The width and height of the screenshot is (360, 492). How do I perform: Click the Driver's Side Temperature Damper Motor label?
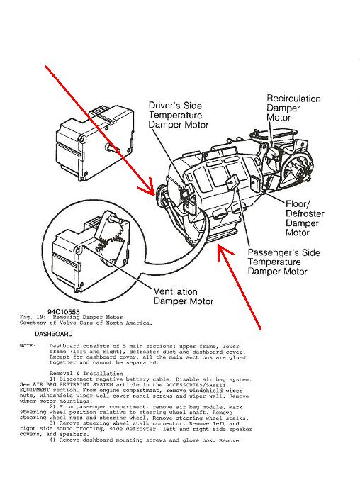pyautogui.click(x=178, y=115)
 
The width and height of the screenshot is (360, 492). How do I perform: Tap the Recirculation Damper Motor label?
pyautogui.click(x=293, y=108)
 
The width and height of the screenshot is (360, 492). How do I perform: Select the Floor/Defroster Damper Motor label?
pyautogui.click(x=305, y=218)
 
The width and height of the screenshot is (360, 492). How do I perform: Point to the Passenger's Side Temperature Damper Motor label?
pyautogui.click(x=283, y=262)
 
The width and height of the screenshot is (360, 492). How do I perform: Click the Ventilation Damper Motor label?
pyautogui.click(x=184, y=296)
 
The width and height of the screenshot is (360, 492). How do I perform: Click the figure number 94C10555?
pyautogui.click(x=64, y=312)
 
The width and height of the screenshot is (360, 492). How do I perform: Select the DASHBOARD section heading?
pyautogui.click(x=54, y=334)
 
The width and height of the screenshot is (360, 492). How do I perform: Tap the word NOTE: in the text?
pyautogui.click(x=28, y=346)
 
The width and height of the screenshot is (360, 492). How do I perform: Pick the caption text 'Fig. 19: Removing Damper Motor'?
pyautogui.click(x=71, y=317)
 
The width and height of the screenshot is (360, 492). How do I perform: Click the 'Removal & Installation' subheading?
pyautogui.click(x=86, y=374)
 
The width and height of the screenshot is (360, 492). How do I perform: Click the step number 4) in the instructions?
pyautogui.click(x=52, y=440)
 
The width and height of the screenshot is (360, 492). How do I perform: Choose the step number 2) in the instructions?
pyautogui.click(x=52, y=407)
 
